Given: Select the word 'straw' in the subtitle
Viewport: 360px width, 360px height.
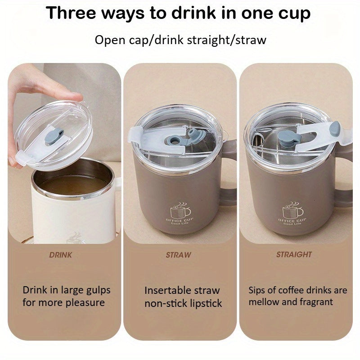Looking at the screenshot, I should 250,40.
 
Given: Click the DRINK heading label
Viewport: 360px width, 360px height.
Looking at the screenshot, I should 60,255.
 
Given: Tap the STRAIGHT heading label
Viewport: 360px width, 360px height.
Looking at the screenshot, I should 294,255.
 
